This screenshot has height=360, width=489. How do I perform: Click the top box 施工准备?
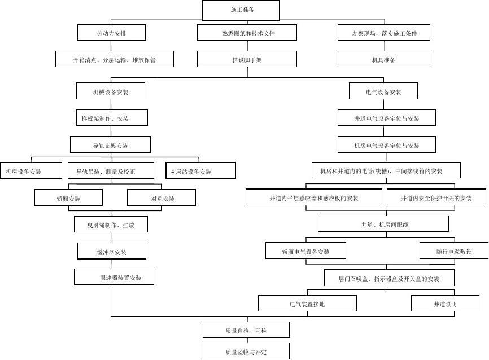pyautogui.click(x=241, y=10)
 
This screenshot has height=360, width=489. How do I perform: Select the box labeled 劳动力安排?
pyautogui.click(x=111, y=33)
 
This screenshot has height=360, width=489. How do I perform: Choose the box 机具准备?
pyautogui.click(x=383, y=59)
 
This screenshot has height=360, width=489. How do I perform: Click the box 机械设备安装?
pyautogui.click(x=111, y=91)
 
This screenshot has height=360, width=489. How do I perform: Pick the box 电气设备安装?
pyautogui.click(x=383, y=91)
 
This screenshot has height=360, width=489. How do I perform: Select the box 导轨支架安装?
pyautogui.click(x=111, y=145)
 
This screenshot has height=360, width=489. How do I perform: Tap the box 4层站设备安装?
pyautogui.click(x=200, y=171)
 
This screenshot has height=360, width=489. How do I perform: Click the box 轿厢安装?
pyautogui.click(x=68, y=198)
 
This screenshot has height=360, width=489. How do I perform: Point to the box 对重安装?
pyautogui.click(x=161, y=198)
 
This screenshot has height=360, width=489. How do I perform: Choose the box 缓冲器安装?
pyautogui.click(x=111, y=252)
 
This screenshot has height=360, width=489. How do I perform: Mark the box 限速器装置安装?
pyautogui.click(x=114, y=277)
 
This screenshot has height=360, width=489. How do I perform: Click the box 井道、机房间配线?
pyautogui.click(x=383, y=224)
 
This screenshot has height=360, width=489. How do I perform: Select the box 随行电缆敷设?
pyautogui.click(x=453, y=251)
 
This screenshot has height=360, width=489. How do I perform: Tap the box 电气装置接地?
pyautogui.click(x=307, y=304)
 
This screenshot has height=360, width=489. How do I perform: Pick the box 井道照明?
pyautogui.click(x=445, y=304)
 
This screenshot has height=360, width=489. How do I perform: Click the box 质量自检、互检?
pyautogui.click(x=246, y=330)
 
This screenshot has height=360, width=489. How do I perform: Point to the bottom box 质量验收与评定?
pyautogui.click(x=246, y=352)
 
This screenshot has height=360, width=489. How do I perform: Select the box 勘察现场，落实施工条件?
pyautogui.click(x=384, y=33)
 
